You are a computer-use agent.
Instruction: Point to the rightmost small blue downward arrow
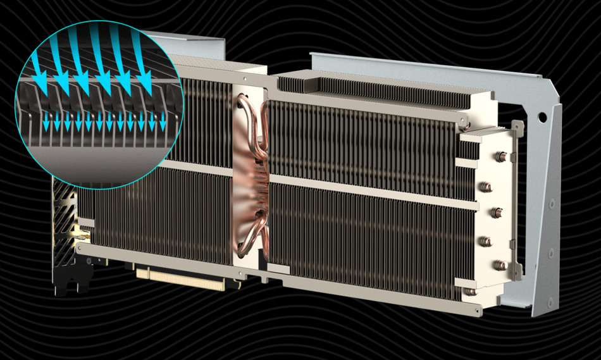pos(163,123)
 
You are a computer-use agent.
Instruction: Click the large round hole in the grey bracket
pos(543,118)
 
